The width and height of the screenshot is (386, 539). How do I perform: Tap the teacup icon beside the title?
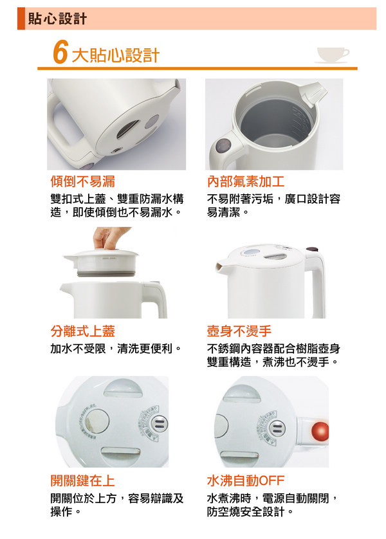pos(333,55)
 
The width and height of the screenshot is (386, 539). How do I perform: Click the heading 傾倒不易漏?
pos(83,181)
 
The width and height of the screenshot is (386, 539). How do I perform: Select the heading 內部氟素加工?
pos(246,181)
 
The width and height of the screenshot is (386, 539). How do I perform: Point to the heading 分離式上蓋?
pos(83,331)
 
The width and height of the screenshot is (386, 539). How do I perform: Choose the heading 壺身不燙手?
pos(239,331)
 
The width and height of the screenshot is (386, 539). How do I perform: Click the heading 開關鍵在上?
pos(83,480)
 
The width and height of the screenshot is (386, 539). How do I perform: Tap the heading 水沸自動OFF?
pos(246,480)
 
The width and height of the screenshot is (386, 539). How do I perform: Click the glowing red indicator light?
pos(320,431)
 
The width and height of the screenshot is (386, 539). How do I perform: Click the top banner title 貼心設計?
pos(57,19)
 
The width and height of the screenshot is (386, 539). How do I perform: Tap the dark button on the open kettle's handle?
pos(224,146)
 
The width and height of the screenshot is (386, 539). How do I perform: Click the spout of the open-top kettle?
pos(312,93)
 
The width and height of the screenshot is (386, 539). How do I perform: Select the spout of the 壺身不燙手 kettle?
pos(222,268)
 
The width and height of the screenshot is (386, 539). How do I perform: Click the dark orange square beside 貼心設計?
pos(21,19)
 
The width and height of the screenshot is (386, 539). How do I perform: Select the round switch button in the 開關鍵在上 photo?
pos(159,423)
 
